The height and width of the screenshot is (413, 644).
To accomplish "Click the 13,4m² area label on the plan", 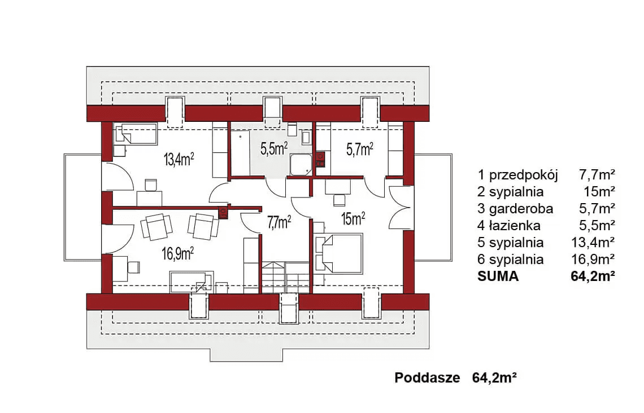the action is point(179,159).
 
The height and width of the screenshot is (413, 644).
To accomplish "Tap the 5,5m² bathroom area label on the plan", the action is point(274,148).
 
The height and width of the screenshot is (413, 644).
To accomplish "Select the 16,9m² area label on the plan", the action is point(177,253).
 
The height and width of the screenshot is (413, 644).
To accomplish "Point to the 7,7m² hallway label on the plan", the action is point(279,222).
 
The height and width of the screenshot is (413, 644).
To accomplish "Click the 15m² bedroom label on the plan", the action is point(353,218).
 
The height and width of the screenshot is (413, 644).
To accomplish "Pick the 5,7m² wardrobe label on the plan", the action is point(360,150).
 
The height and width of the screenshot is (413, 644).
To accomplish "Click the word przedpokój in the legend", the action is point(523,175).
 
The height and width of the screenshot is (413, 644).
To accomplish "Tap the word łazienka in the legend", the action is point(515,226).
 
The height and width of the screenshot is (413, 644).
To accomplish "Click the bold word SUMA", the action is point(498,276).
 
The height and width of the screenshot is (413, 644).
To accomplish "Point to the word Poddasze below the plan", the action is point(427,377).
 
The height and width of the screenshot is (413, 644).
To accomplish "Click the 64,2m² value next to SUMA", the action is point(593,276).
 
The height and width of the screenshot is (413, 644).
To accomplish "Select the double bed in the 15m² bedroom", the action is point(339,253).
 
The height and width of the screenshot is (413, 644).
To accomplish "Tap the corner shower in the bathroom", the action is point(301,164).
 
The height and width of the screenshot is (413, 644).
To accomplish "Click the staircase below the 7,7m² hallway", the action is point(286,278).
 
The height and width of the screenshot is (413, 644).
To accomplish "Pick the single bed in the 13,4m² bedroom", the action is point(136,134).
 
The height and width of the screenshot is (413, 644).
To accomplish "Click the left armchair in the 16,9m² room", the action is point(156,227).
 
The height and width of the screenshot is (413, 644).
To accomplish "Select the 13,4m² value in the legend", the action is point(593,243).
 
